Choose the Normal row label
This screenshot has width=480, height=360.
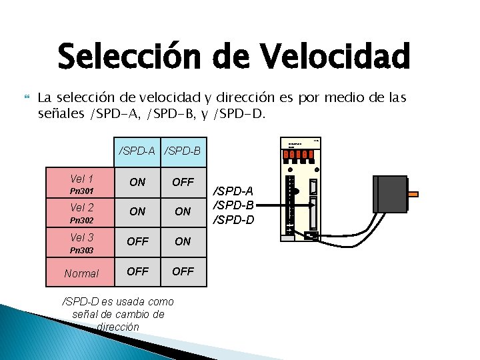[81, 273]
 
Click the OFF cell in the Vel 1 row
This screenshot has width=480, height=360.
[183, 182]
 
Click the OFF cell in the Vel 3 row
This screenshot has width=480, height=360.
[137, 241]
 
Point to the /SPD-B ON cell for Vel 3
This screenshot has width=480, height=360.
[183, 241]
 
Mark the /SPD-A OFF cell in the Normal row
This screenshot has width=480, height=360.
[137, 271]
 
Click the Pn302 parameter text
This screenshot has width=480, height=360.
[82, 219]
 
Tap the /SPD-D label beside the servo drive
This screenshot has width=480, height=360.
[233, 219]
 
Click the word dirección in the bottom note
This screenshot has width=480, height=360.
[118, 327]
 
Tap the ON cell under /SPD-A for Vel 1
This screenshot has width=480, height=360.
[137, 182]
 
